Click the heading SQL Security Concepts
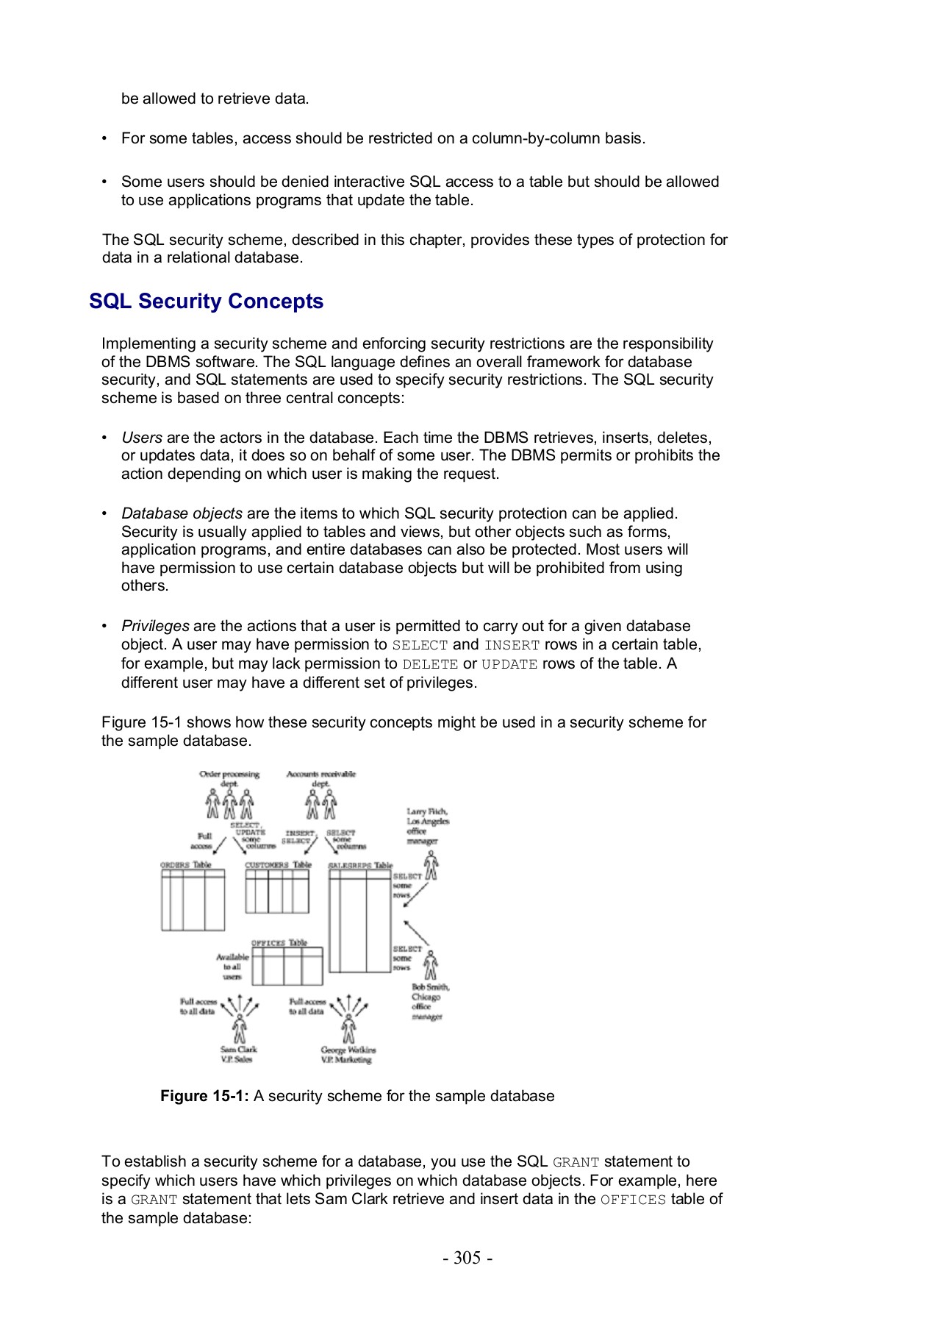[x=206, y=302]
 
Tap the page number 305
[x=467, y=1258]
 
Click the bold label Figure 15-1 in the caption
[x=204, y=1096]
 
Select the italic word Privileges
[x=155, y=626]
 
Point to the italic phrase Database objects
[x=182, y=513]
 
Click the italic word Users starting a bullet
[x=141, y=438]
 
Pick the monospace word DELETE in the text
[x=430, y=664]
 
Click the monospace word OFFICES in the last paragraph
[x=633, y=1200]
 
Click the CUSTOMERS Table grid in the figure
[x=277, y=891]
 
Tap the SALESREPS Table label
[x=360, y=865]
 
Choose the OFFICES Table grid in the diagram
[x=287, y=966]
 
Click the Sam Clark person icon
[x=239, y=1028]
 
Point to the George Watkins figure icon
[x=348, y=1028]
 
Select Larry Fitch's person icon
[x=431, y=866]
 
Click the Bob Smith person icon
[x=431, y=964]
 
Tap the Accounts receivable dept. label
[x=320, y=778]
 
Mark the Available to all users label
[x=232, y=967]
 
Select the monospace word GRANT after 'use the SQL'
[x=576, y=1162]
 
